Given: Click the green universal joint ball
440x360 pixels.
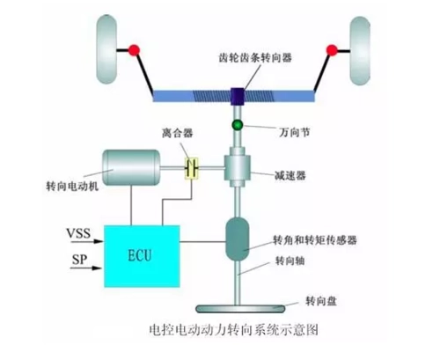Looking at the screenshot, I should [x=237, y=127].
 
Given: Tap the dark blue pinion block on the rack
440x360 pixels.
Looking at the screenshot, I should [x=237, y=93].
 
